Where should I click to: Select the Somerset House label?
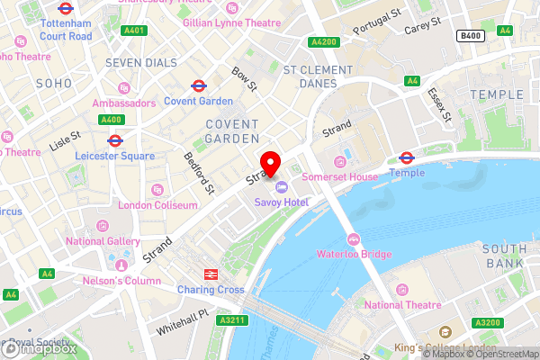(x=339, y=177)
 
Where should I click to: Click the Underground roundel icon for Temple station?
(x=406, y=157)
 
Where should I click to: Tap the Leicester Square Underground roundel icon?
(x=114, y=140)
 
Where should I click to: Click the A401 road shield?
(x=135, y=31)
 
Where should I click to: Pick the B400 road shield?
(x=468, y=35)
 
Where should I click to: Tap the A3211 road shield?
(x=230, y=319)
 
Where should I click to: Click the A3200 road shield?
(x=488, y=322)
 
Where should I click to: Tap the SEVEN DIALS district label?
(x=136, y=62)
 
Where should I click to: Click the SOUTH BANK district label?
(x=503, y=256)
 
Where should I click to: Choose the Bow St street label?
(x=244, y=78)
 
